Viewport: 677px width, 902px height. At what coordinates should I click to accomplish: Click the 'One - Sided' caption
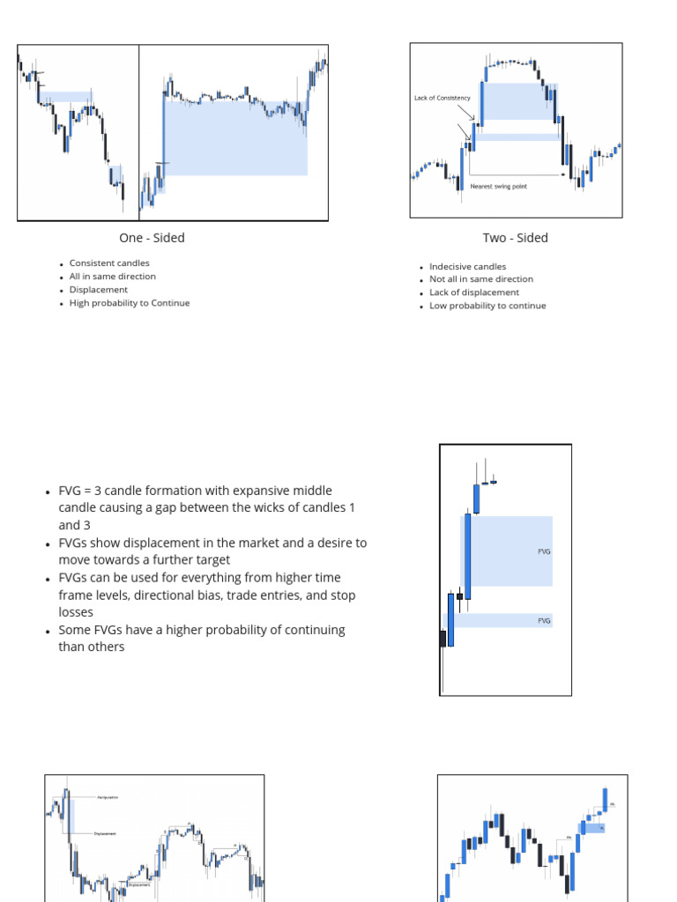[152, 238]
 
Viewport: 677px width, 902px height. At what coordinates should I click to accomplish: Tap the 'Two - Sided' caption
[515, 238]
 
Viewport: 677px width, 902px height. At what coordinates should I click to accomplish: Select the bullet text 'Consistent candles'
[109, 263]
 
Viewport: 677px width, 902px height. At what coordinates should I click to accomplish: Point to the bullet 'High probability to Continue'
[130, 303]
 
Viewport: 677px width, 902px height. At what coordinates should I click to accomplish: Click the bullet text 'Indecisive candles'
[467, 266]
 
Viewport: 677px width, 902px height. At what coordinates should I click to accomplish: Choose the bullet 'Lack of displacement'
[474, 292]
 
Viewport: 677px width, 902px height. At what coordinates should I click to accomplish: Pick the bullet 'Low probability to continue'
[487, 306]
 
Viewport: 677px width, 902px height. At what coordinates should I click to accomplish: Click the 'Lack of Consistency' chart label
[442, 98]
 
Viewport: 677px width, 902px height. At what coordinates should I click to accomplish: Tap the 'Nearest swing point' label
[498, 186]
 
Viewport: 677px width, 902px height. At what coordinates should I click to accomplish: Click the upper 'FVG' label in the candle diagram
[544, 551]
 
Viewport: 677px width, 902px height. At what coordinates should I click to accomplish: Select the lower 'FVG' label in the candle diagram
[544, 621]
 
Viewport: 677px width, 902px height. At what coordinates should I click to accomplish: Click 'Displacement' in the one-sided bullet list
[99, 290]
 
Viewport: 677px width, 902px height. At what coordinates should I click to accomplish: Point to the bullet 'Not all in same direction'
[481, 279]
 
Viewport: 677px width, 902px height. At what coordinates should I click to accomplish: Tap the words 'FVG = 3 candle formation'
[132, 491]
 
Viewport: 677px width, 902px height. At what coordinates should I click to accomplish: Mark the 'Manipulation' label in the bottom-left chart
[107, 797]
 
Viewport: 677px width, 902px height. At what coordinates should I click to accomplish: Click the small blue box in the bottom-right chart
[592, 828]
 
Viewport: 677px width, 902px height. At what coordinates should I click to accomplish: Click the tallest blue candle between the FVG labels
[467, 557]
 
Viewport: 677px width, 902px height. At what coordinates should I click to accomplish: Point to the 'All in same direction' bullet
[113, 277]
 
